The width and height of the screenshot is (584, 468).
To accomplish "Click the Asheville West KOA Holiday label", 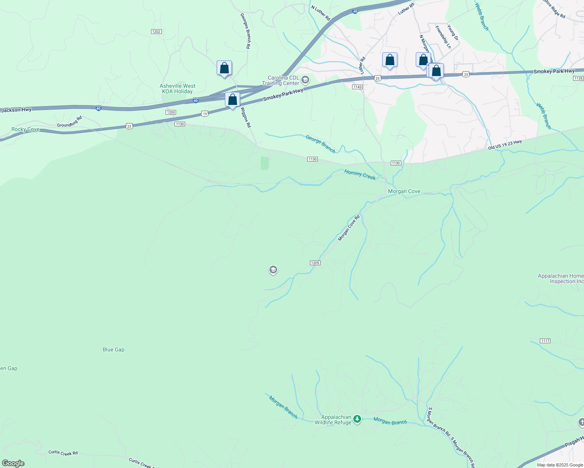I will pos(178,89).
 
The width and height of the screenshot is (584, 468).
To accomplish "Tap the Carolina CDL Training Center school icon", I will pos(305,80).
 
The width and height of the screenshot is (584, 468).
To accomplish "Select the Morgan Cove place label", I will pos(404,191).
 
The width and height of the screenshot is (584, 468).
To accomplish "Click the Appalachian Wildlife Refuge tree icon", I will pos(357,420).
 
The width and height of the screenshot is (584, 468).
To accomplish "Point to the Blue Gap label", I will pos(114,350).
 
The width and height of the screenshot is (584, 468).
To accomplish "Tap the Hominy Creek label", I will pos(360,174).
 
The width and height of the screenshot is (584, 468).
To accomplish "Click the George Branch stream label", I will pos(320,144).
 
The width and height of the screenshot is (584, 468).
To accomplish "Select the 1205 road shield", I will pos(315,263).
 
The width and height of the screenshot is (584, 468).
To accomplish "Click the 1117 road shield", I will pos(545,341).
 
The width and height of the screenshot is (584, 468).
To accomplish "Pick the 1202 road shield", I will pos(156,32).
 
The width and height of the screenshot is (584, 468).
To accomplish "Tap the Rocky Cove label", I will pos(25,129).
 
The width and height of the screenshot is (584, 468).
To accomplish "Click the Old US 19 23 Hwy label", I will pos(505,145).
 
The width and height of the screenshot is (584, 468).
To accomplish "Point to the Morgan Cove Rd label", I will pos(349,228).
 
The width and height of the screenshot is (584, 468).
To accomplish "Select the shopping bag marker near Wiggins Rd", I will pos(233,100).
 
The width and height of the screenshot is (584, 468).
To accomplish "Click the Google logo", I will pos(13,463).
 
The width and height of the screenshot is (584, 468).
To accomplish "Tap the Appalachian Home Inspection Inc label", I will pos(561,278).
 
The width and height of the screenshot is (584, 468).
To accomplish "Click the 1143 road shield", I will pos(357,87).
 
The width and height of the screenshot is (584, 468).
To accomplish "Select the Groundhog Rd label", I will pos(69,122).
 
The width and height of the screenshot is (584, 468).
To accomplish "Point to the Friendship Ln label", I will pos(443,37).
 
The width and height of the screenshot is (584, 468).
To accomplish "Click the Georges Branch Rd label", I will pos(245,31).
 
